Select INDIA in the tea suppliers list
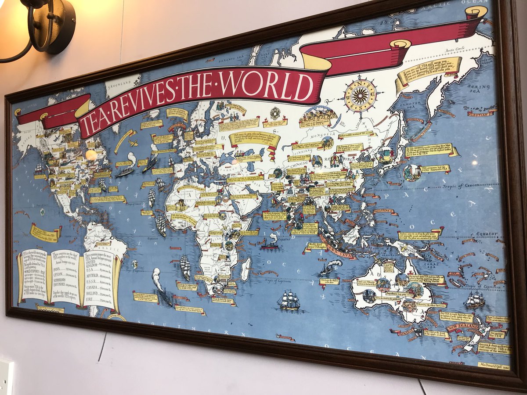click(x=58, y=271)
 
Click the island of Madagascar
click(x=246, y=269)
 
